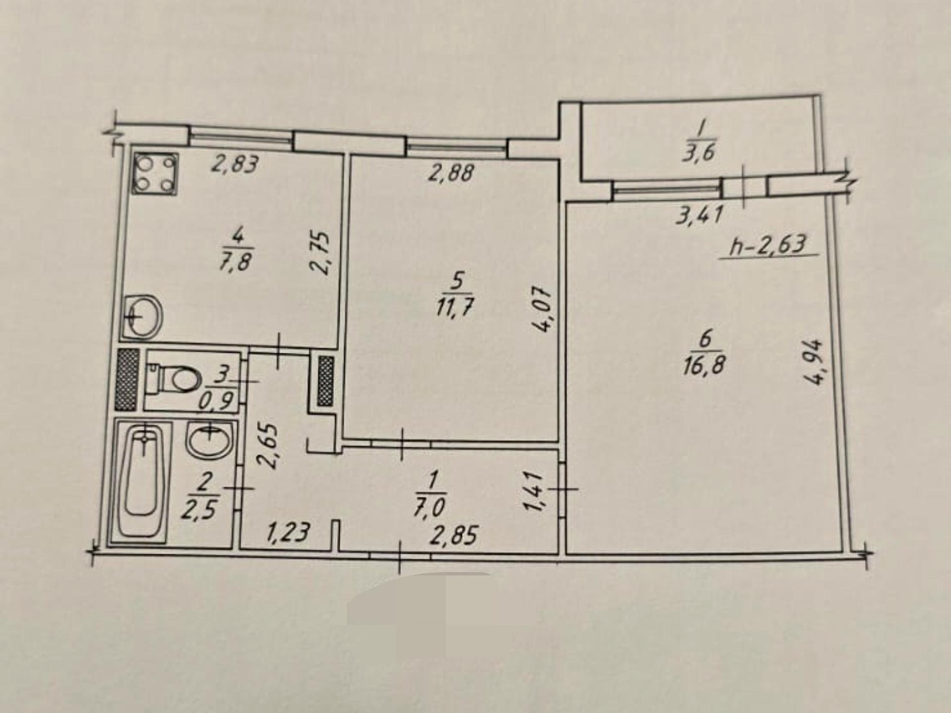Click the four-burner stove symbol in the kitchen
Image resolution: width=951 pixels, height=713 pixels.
click(155, 173)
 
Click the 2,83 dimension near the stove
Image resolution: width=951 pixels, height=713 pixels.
click(235, 163)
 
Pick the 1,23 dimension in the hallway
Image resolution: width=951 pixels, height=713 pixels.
click(288, 533)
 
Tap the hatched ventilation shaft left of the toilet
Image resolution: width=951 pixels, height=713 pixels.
click(127, 379)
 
